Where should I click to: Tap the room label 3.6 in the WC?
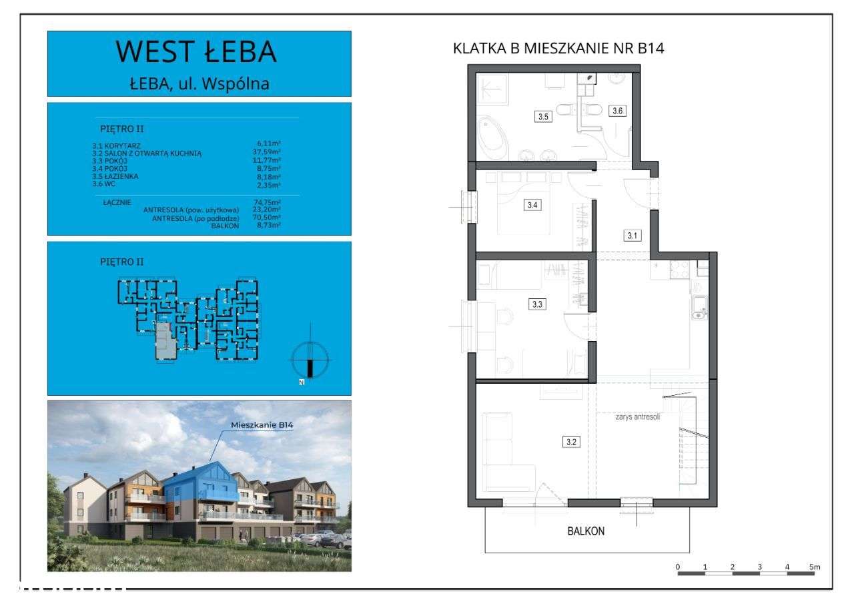coord(617,111)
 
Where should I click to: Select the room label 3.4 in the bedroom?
coord(532,205)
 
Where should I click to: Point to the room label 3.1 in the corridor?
coord(632,235)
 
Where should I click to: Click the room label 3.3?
coord(537,304)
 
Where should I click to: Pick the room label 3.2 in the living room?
coord(570,441)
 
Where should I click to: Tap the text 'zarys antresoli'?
coord(638,418)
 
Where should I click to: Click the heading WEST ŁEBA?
coord(196,52)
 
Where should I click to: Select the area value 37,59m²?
coord(268,152)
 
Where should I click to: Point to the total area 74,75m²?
coord(268,202)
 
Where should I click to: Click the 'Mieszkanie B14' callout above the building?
coord(262,424)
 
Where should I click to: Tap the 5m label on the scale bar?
coord(815,567)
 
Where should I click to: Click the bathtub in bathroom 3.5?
coord(491,133)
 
